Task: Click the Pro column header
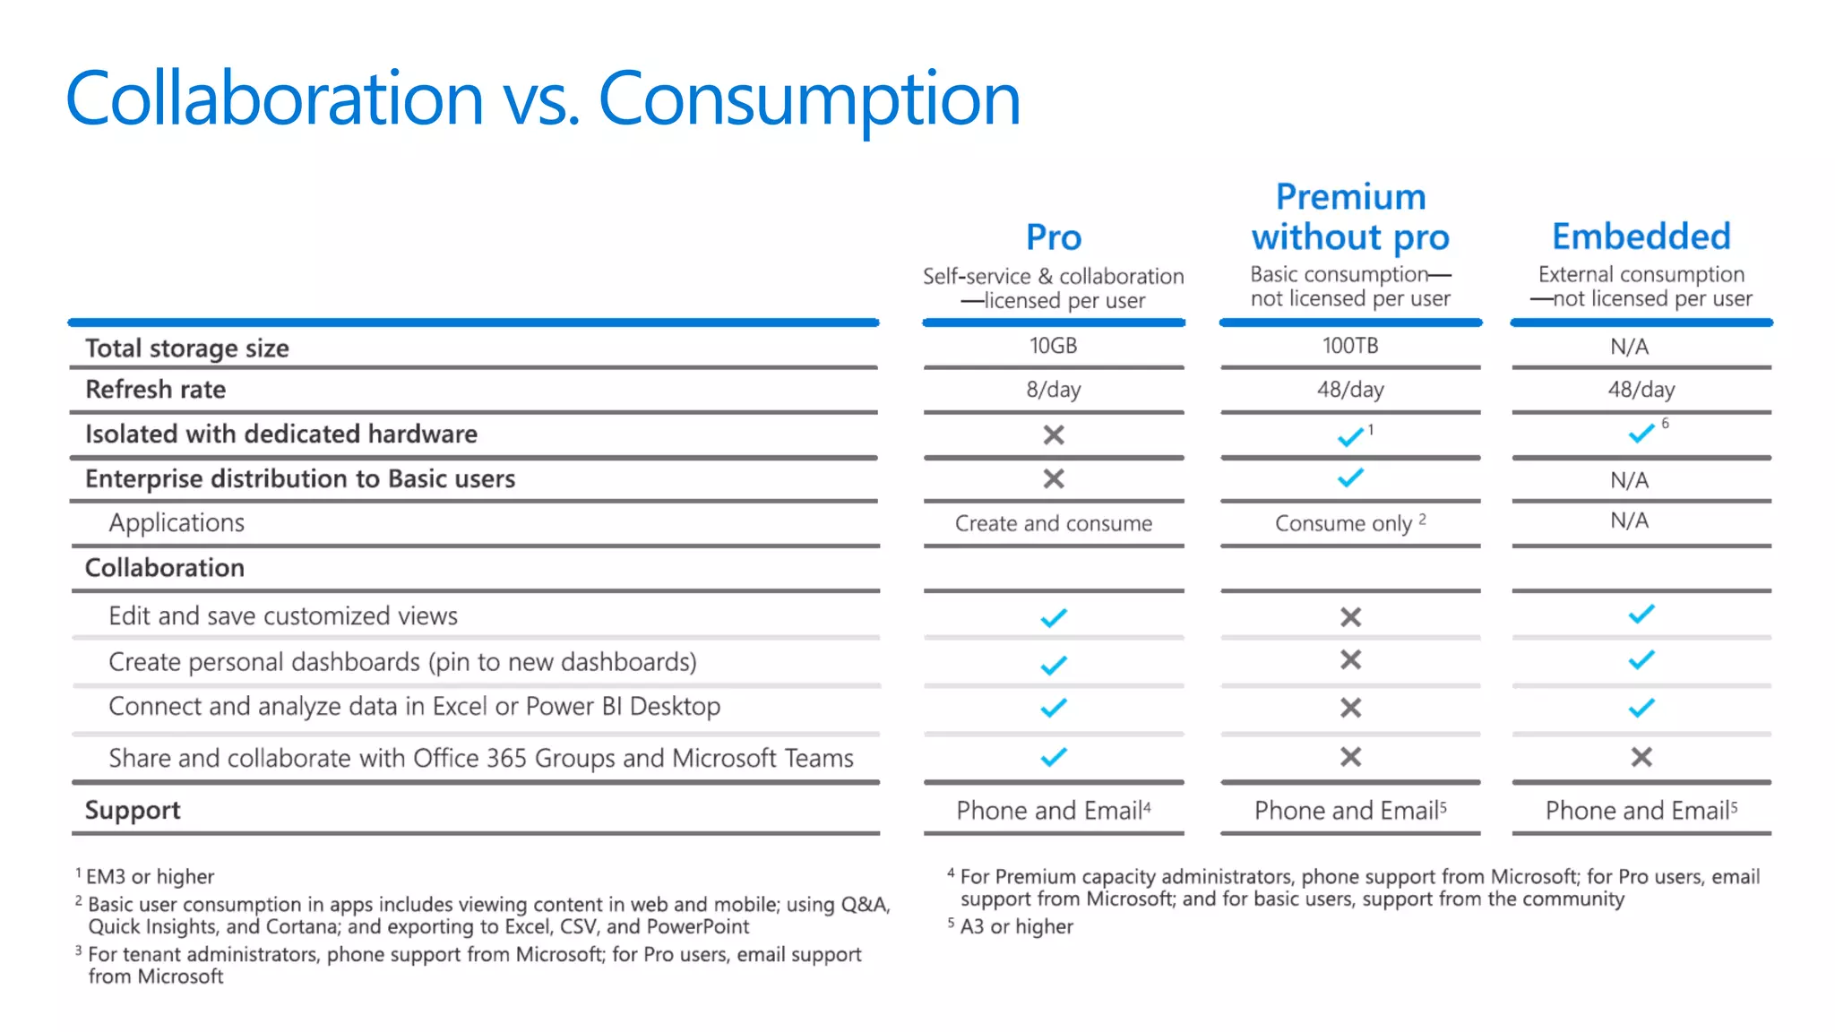click(x=1054, y=237)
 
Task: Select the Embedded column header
click(x=1641, y=236)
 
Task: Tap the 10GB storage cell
click(x=1053, y=346)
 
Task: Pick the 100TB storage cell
click(x=1350, y=346)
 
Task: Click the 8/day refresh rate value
click(x=1054, y=390)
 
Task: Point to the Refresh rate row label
click(x=155, y=390)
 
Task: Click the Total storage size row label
click(x=186, y=348)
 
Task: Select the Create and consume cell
click(x=1054, y=523)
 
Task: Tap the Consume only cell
click(x=1343, y=523)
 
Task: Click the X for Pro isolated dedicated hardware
click(x=1054, y=434)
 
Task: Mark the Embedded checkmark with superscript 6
click(x=1641, y=434)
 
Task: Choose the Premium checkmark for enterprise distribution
click(x=1350, y=477)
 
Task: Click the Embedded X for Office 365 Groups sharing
click(x=1641, y=757)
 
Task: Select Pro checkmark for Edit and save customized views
click(x=1054, y=617)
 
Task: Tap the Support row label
click(x=133, y=810)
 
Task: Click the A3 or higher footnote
click(x=1016, y=926)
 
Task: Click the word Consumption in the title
click(x=808, y=99)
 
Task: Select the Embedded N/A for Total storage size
click(x=1629, y=347)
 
